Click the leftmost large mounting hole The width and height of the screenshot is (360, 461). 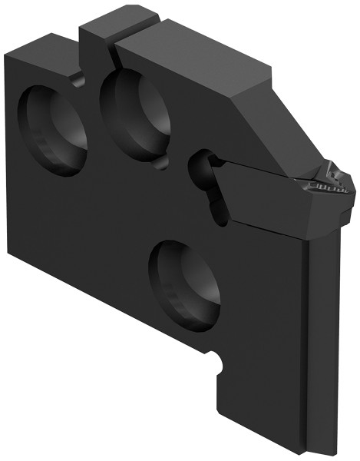(54, 126)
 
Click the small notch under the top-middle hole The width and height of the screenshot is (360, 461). (160, 164)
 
